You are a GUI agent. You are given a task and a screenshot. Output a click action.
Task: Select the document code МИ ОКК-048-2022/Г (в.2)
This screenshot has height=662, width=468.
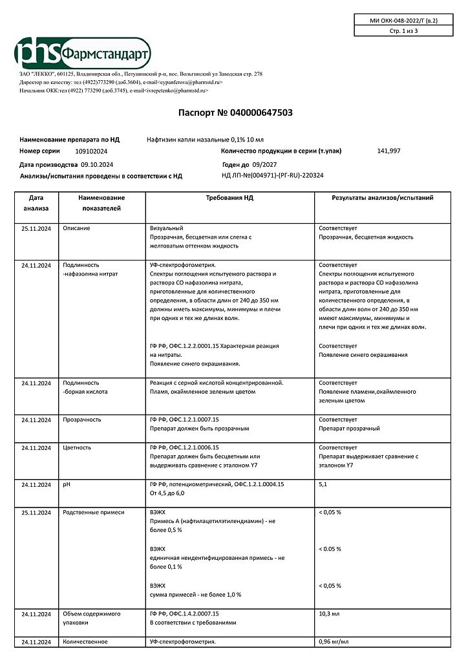403,21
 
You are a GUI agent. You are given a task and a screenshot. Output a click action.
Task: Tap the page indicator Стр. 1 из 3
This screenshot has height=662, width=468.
403,31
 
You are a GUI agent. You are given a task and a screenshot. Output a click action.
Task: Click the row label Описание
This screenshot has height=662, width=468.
76,228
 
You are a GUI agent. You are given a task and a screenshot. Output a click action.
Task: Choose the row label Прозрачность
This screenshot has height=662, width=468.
82,420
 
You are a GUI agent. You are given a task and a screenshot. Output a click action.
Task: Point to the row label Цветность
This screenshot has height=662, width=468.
77,447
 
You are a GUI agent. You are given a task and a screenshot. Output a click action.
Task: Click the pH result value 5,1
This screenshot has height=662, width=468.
323,484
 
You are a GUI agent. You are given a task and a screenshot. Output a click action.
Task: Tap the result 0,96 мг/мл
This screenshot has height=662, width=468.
334,641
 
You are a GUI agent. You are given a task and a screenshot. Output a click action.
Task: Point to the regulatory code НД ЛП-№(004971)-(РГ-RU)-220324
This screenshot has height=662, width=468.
272,175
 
